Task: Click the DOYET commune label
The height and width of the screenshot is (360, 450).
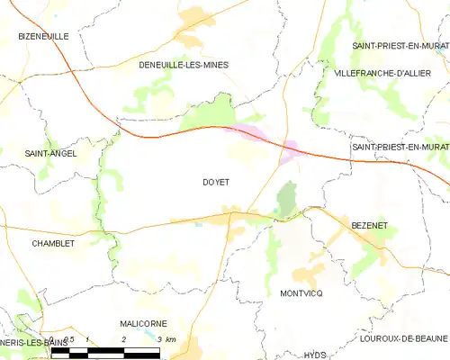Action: click(x=216, y=182)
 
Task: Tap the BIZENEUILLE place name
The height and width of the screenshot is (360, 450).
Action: click(x=43, y=36)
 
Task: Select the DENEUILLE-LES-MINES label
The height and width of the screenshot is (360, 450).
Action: click(x=184, y=65)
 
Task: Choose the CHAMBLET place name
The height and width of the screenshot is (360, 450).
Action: click(x=52, y=243)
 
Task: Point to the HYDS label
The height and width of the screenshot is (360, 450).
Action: click(x=314, y=355)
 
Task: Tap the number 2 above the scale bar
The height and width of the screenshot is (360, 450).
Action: click(x=122, y=338)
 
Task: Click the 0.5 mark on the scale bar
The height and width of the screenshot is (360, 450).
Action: click(x=64, y=338)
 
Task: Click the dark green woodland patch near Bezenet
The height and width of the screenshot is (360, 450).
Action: click(x=286, y=200)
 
